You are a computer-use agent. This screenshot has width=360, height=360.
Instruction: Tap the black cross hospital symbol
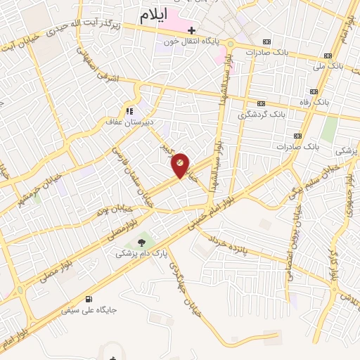pos(191,31)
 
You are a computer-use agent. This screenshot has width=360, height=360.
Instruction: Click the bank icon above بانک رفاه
pos(311,91)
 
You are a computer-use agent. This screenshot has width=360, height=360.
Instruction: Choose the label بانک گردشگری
pos(262,114)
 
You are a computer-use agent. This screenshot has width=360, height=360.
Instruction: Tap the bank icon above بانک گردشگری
pos(262,103)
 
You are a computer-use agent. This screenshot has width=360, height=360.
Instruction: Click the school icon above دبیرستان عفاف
pos(129,110)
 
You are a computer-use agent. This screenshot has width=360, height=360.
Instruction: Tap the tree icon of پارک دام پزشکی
pos(143,242)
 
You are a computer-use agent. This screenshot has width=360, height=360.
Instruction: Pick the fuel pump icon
pos(88,298)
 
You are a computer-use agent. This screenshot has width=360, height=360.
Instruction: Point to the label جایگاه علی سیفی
pos(89,309)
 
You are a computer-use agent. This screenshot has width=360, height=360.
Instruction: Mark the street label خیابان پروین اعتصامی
pos(294,239)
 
